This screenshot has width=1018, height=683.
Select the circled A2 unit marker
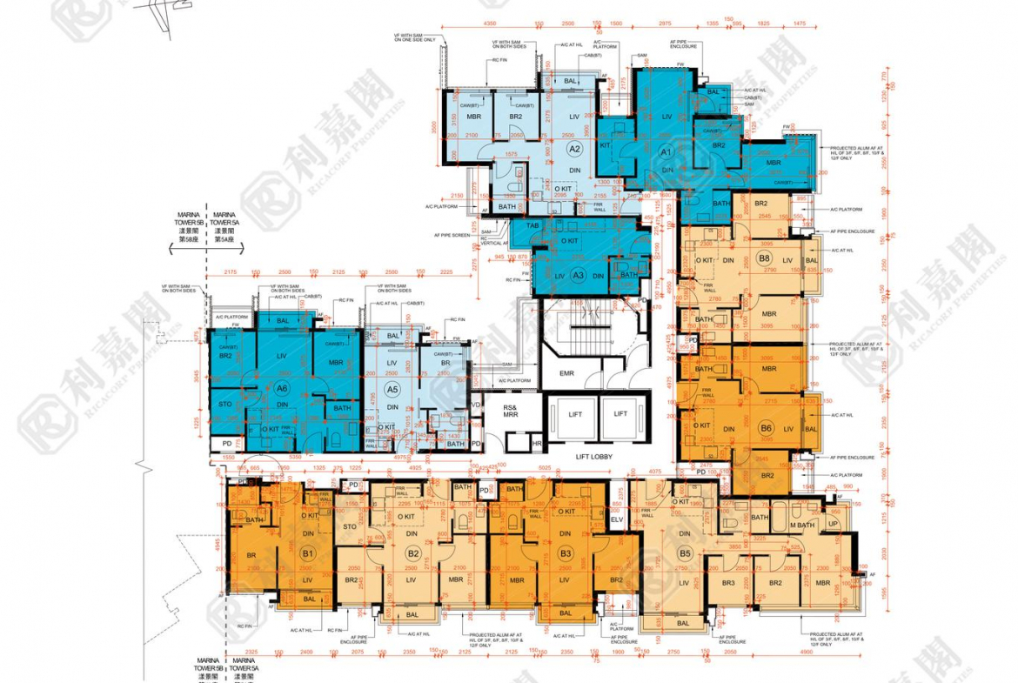574,126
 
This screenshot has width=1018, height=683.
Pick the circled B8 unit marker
765,258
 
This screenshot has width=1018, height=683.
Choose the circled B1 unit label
307,552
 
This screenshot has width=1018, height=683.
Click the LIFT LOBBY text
595,457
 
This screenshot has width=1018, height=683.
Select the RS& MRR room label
510,411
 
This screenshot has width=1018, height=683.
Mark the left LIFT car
575,415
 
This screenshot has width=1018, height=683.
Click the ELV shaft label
617,519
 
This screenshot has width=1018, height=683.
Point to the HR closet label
537,444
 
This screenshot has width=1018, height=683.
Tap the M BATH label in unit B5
801,524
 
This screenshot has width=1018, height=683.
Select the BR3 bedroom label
727,582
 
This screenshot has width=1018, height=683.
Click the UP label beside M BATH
833,524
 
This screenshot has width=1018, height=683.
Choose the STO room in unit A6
225,403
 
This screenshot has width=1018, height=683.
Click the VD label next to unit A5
476,405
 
